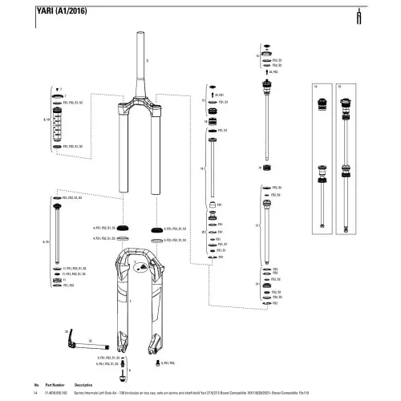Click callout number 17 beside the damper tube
[256, 225]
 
